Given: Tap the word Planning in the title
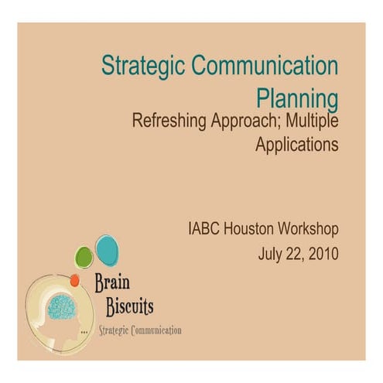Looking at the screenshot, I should coord(297,99).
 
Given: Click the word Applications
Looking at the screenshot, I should coord(297,144).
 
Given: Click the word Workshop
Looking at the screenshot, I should coord(309,230).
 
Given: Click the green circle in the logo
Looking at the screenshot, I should coord(84,257).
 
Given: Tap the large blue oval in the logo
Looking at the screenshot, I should coord(106,249).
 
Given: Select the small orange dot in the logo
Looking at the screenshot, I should coord(74,280).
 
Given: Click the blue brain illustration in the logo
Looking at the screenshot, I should coord(61,307).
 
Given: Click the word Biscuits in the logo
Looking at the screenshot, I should coord(129,307).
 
